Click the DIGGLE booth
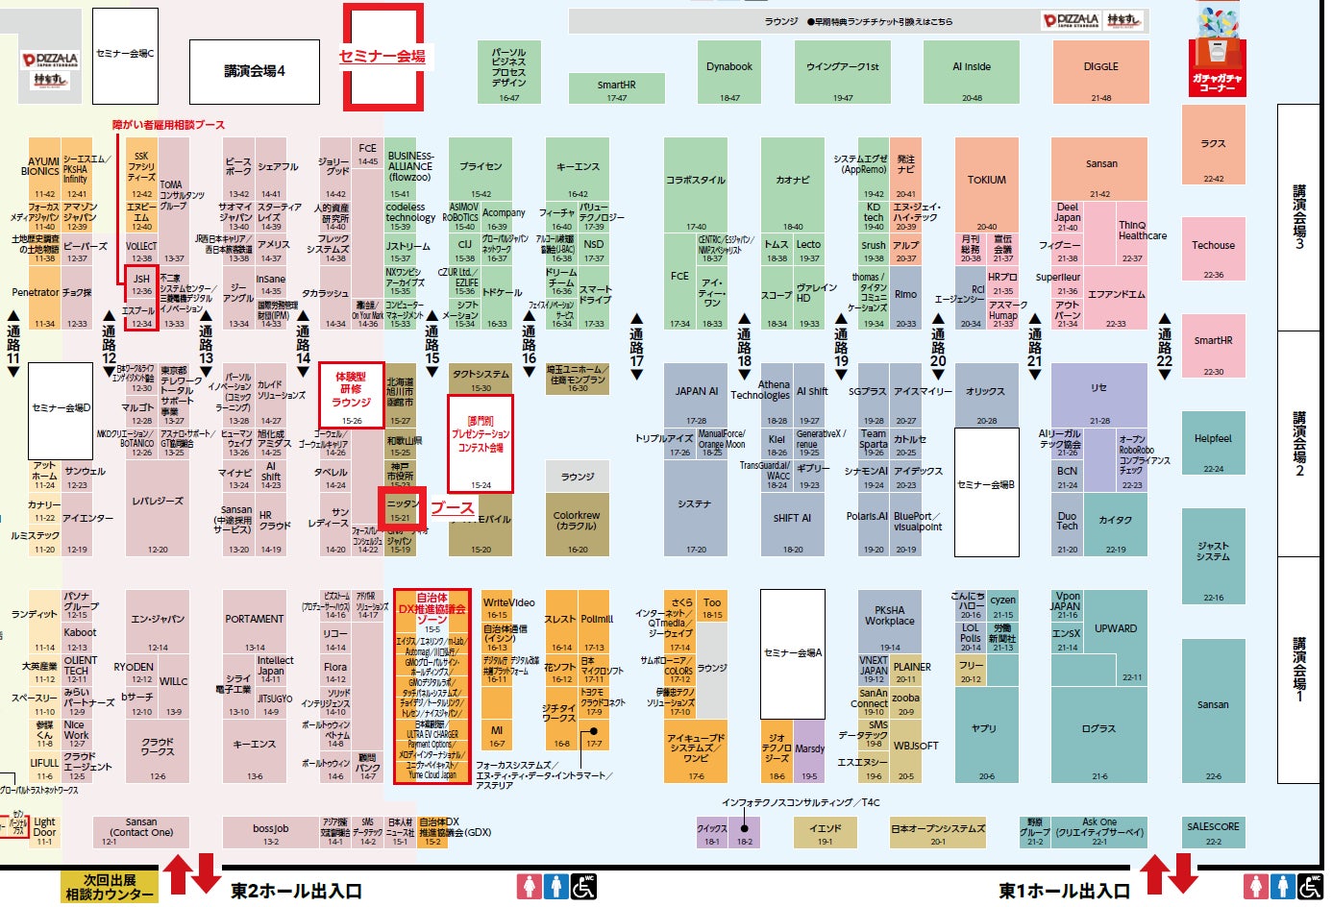click(1100, 72)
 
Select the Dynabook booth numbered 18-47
click(729, 72)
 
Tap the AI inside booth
click(972, 72)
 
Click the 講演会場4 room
click(255, 72)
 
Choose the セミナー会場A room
click(792, 653)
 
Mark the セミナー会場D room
click(61, 408)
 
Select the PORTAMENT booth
click(254, 621)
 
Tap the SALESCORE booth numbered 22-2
click(1213, 831)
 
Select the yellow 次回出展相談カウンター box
click(110, 886)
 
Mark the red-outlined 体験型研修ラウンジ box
click(352, 395)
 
